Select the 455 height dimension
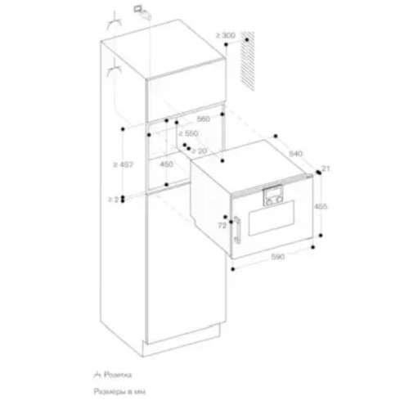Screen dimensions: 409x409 pos(321,207)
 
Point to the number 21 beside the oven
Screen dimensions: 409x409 pos(325,169)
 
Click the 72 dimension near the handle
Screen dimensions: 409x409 pos(221,222)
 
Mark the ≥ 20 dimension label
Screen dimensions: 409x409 pos(199,151)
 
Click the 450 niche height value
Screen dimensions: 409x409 pos(165,164)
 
